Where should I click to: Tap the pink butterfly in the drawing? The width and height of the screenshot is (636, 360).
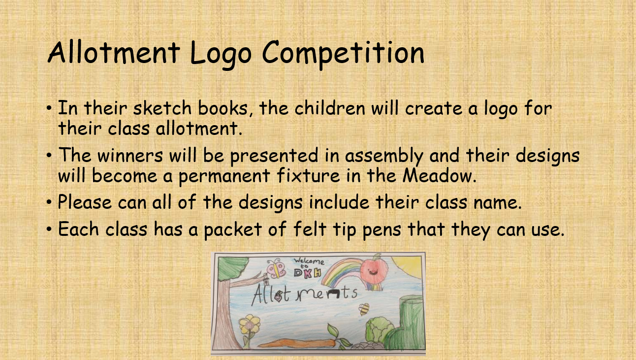coord(276,268)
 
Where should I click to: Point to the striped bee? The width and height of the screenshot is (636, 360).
coord(363,309)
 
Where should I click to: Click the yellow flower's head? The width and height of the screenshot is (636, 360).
coord(249,324)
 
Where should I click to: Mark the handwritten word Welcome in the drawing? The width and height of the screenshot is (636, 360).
coord(309,261)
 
